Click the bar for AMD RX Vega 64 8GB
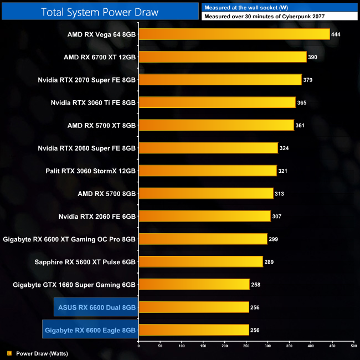click(234, 34)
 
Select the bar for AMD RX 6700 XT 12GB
click(222, 57)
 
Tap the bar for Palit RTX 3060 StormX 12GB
click(207, 171)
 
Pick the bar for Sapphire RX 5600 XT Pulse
click(200, 261)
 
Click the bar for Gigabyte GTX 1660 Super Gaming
click(194, 285)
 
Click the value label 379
click(308, 80)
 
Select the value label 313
click(280, 193)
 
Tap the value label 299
click(274, 239)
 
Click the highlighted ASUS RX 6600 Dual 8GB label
click(97, 307)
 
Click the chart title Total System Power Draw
click(100, 12)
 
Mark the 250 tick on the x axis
click(246, 346)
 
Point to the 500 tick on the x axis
click(353, 346)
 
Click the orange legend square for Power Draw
click(9, 353)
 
